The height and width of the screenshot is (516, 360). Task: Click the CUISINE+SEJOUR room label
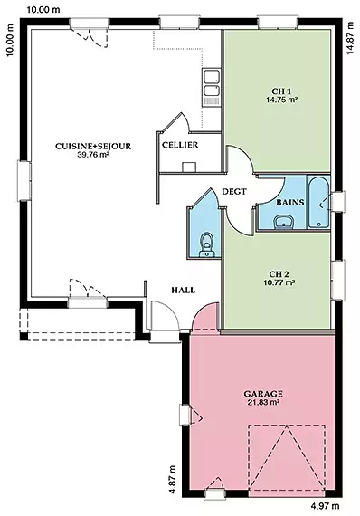coord(93,146)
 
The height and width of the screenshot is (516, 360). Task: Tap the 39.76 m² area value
coord(93,155)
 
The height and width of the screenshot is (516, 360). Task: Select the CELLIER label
coord(180,145)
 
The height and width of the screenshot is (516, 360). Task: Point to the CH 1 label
coord(281,91)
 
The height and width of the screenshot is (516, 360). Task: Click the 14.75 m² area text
coord(281,100)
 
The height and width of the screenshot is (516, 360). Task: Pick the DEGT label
coord(234,191)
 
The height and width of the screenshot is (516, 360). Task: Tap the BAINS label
coord(290,203)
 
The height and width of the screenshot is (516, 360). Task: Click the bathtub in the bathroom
coord(318,202)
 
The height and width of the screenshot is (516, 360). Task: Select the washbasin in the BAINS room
coord(284,222)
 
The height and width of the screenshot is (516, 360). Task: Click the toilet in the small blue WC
coord(207,244)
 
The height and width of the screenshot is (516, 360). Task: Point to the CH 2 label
coord(279,273)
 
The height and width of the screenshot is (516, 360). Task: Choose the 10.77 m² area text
coord(279,282)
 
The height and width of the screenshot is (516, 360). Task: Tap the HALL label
coord(183,291)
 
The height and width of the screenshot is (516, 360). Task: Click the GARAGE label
coord(263,394)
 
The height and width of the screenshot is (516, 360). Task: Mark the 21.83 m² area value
coord(263,402)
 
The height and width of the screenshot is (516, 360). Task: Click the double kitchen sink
coord(211,87)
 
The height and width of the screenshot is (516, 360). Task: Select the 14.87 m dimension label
coord(350,37)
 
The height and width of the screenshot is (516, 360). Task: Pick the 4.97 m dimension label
coord(325,505)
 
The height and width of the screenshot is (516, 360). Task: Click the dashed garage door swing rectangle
coord(287,459)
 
